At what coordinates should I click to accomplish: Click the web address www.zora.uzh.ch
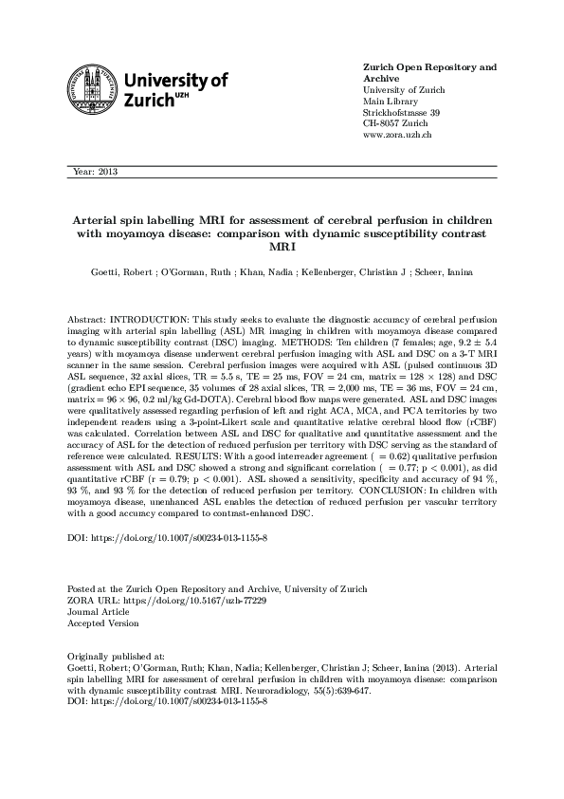pyautogui.click(x=398, y=136)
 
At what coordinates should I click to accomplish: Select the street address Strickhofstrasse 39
pyautogui.click(x=402, y=113)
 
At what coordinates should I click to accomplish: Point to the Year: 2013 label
pyautogui.click(x=95, y=172)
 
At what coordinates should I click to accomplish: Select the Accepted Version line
pyautogui.click(x=103, y=622)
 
